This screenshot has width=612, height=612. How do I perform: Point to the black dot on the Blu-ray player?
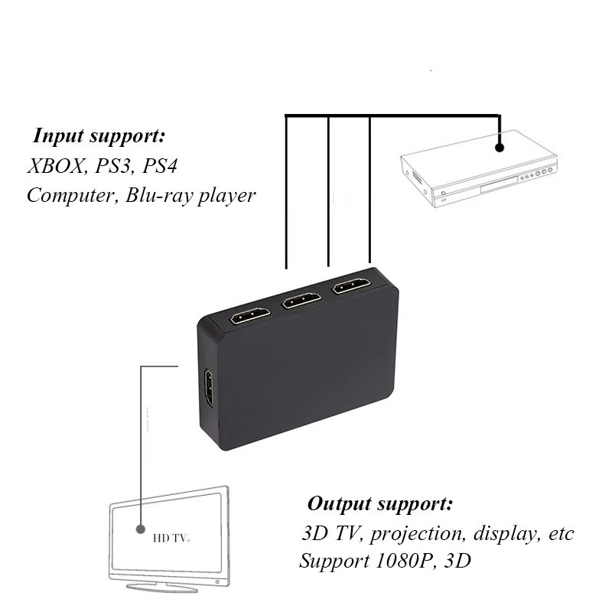point(500,146)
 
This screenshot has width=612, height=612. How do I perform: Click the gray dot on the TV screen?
point(141,529)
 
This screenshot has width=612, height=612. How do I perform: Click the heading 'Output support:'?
point(379,505)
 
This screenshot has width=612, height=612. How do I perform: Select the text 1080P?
point(396,561)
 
